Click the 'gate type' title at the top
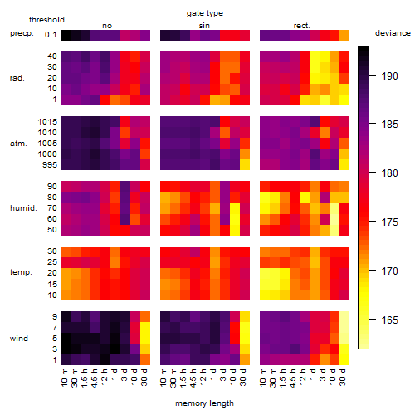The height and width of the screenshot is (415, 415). coord(205,13)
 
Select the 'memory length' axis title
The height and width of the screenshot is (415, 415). coord(204,403)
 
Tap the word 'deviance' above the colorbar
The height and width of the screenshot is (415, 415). coord(393,33)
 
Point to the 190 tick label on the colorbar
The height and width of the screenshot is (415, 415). coord(390,76)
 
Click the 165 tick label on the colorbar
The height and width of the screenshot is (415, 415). coord(390,320)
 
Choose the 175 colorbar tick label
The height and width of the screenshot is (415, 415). coord(390,222)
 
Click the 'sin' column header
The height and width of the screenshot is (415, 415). coord(204,26)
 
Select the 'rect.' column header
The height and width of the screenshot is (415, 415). coord(302,26)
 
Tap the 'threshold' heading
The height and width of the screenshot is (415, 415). coord(46,20)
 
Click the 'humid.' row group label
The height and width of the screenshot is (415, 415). coord(23,208)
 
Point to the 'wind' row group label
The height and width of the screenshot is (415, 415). coord(19,339)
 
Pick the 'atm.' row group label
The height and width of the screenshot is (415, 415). coord(18,144)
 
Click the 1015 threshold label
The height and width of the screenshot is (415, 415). coord(47,122)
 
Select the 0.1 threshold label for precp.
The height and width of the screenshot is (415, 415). coord(51,35)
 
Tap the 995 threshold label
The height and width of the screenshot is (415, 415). coord(50,165)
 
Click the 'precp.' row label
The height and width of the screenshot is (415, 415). coord(22,34)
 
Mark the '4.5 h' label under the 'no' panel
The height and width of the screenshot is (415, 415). coord(95,378)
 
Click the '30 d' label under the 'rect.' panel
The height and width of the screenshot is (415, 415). coord(343,377)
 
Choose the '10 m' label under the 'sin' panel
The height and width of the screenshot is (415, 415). coord(164,378)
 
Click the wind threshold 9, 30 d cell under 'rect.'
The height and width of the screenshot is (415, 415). coord(344,317)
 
